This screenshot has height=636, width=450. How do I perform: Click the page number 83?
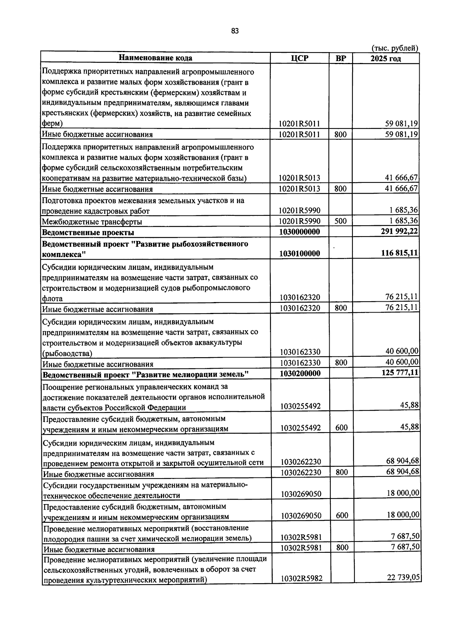point(235,31)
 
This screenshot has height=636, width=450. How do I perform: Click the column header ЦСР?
point(299,58)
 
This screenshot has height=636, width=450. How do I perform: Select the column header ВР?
point(340,58)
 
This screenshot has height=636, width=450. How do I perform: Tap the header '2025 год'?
point(385,58)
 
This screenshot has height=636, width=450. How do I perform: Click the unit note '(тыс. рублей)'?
point(395,48)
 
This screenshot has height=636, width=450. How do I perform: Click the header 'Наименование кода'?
point(155,58)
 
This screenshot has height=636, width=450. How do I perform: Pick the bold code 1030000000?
point(300,232)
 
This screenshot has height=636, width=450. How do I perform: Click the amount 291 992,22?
point(399,232)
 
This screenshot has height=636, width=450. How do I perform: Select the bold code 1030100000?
point(300,254)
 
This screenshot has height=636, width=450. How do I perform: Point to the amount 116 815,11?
point(399,253)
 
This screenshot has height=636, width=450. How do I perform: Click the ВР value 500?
point(340,221)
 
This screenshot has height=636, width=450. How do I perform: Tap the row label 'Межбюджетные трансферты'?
point(92,222)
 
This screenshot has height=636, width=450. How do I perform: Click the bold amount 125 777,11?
point(400,373)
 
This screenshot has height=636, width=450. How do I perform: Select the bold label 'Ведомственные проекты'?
point(88,233)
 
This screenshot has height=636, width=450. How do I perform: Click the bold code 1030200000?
point(300,374)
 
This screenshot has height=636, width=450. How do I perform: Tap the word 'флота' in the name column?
point(52,299)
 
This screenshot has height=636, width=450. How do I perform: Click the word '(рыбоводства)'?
point(67,353)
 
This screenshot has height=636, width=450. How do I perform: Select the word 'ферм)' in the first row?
point(52,123)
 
